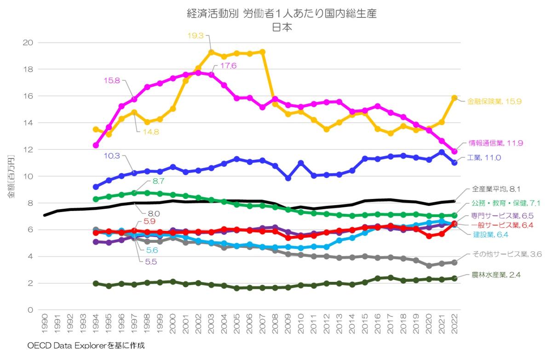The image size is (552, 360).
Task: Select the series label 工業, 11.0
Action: click(484, 158)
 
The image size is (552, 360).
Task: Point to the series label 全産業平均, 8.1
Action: click(496, 189)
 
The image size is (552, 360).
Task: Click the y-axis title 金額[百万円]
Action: click(11, 176)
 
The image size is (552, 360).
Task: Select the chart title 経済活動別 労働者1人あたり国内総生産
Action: click(275, 14)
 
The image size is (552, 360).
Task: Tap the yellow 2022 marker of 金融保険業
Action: click(454, 98)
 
